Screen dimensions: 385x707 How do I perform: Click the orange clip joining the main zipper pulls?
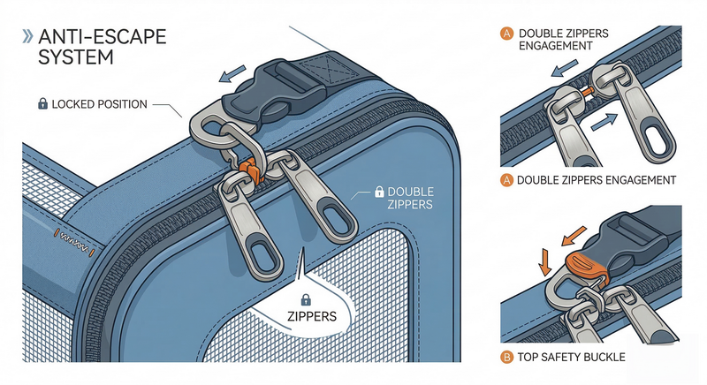pyautogui.click(x=248, y=169)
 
